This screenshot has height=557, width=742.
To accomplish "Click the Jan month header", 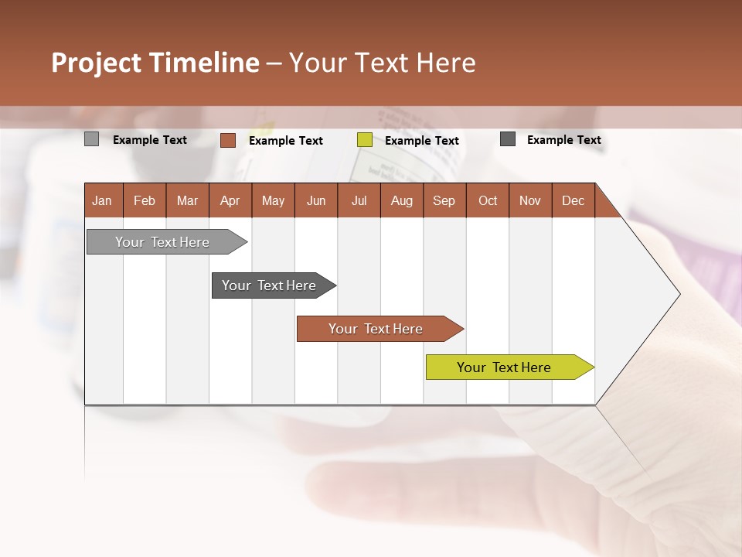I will tap(102, 201).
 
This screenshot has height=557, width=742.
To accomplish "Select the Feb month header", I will tap(145, 201).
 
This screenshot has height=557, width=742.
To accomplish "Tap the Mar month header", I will tap(187, 201).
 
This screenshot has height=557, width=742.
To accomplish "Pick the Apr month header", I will tap(230, 201).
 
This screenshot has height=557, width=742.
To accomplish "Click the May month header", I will tap(273, 201).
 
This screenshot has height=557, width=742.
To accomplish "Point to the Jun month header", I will tap(316, 201).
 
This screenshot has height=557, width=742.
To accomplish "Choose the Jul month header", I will tap(359, 201).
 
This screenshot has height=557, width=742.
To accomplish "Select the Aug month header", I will tap(401, 201).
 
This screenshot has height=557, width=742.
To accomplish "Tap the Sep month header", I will tap(444, 201).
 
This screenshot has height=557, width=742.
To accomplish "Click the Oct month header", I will tap(488, 201).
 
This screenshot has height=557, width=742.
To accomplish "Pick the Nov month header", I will tap(530, 201).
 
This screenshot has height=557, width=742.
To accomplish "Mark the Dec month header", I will tap(573, 201).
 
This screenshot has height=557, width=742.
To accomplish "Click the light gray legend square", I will tap(91, 139).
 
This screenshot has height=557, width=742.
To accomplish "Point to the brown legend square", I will tap(228, 140).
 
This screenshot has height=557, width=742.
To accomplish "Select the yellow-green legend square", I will tap(365, 140).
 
